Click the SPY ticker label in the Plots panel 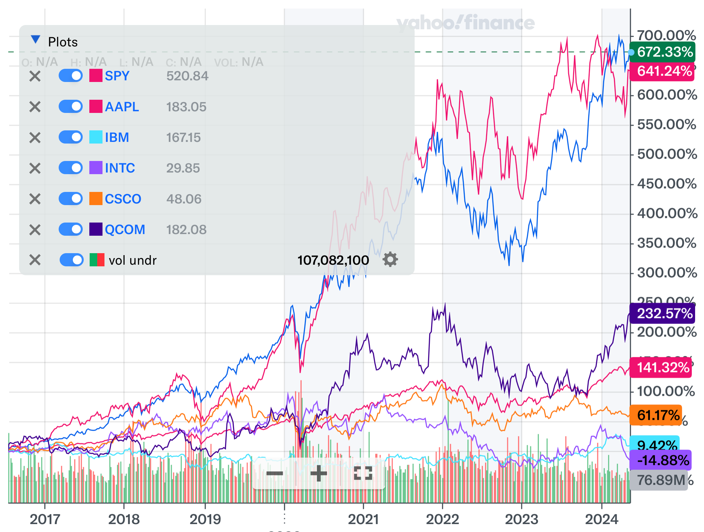(117, 76)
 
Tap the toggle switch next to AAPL (71, 107)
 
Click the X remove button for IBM (35, 138)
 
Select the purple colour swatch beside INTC (96, 168)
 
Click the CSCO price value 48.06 (184, 199)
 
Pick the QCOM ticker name (125, 229)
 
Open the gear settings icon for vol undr (390, 260)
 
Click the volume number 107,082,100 (333, 260)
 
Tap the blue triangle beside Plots (35, 40)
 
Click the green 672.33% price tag (662, 52)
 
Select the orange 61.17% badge (656, 415)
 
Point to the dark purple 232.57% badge (662, 313)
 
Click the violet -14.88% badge (660, 460)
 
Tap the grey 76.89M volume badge (659, 480)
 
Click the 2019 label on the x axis (205, 519)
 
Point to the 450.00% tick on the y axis (666, 184)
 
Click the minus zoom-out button (275, 473)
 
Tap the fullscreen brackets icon (363, 473)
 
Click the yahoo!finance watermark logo (465, 23)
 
